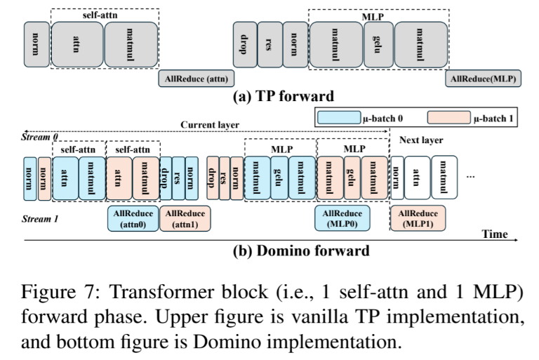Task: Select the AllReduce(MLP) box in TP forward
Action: [x=484, y=79]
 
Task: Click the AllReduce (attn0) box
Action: [x=132, y=218]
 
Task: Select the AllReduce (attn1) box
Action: [x=185, y=218]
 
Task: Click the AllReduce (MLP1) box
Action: [x=418, y=218]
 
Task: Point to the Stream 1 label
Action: [x=40, y=219]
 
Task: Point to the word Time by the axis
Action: [x=494, y=234]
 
